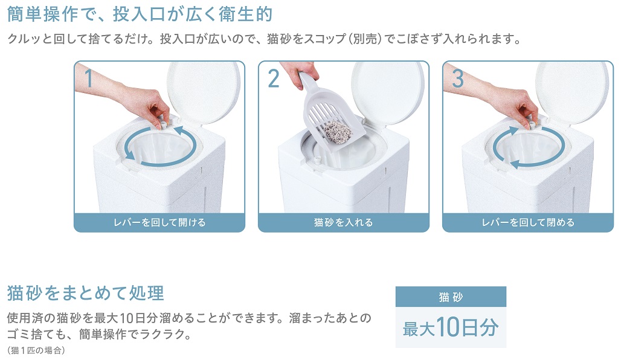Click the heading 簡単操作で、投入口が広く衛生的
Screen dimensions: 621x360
pos(140,14)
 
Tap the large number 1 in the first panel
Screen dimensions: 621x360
pos(89,78)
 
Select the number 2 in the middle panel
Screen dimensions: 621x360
pos(273,79)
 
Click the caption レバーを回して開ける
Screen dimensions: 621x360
pos(159,222)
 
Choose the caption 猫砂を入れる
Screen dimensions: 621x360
pos(343,222)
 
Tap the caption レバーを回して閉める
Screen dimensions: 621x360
pos(528,222)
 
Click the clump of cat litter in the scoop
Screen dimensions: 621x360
pos(338,132)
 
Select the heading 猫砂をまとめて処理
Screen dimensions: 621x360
pos(86,294)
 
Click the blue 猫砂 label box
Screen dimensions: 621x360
pos(451,297)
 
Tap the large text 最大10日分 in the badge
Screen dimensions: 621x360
pos(451,327)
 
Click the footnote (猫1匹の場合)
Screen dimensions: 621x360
pos(36,350)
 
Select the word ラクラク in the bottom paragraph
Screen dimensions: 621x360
pos(161,334)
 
